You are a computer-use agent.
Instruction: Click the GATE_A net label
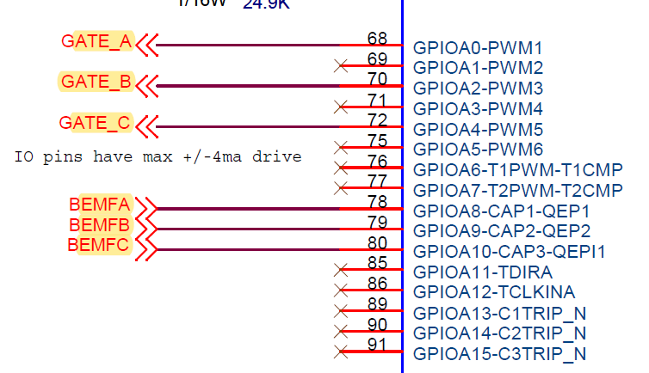[96, 41]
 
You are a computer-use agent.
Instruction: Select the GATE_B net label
[96, 83]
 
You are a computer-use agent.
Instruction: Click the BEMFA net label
[100, 205]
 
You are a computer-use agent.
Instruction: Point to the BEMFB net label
[100, 225]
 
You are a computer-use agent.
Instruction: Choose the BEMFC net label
[100, 246]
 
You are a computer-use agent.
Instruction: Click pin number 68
[377, 39]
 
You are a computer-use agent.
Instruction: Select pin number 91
[377, 345]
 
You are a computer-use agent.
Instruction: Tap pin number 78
[377, 201]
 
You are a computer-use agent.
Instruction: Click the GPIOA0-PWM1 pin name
[479, 47]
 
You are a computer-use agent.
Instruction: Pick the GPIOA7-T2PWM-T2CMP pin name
[517, 190]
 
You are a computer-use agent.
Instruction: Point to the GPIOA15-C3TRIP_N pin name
[499, 354]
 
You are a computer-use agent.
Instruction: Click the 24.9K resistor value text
[266, 4]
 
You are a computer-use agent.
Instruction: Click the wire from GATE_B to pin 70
[250, 86]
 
